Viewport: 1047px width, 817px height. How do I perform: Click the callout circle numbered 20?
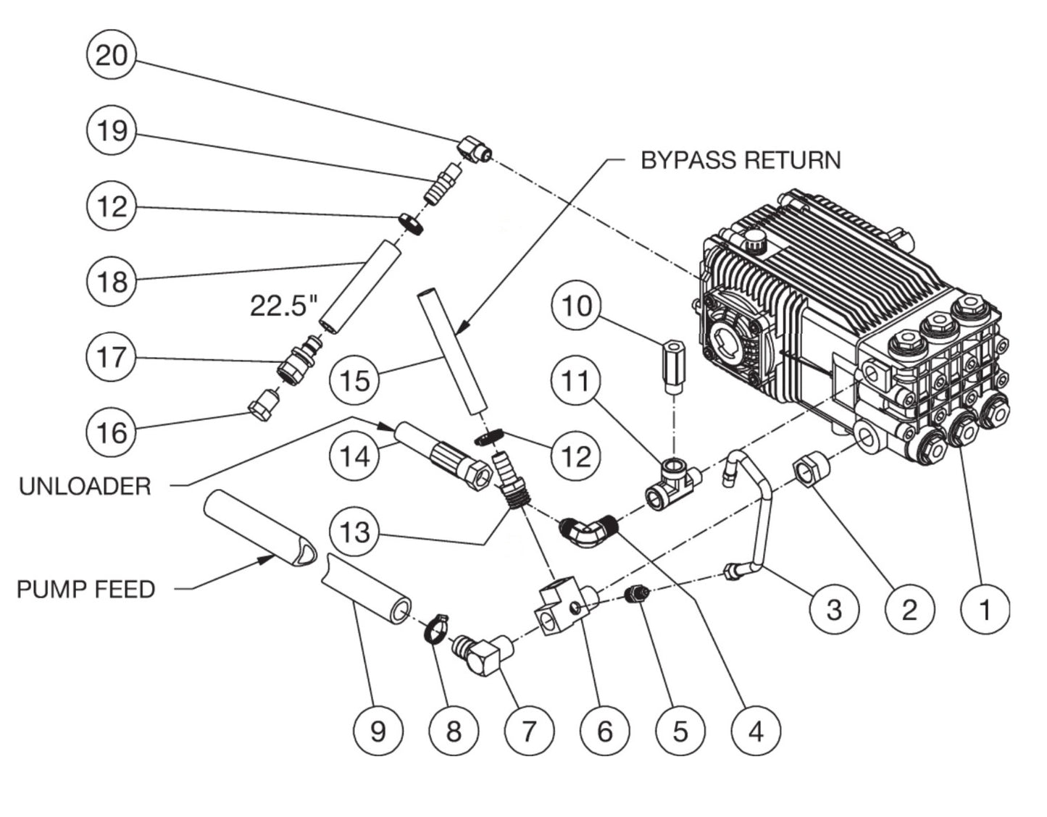pyautogui.click(x=111, y=55)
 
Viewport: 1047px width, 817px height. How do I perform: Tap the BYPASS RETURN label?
pyautogui.click(x=741, y=160)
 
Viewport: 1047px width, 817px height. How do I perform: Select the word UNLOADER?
pyautogui.click(x=85, y=486)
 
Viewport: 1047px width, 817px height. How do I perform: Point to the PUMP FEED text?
pyautogui.click(x=85, y=589)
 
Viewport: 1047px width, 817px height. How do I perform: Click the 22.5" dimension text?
pyautogui.click(x=284, y=306)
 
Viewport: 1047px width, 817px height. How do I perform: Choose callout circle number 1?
pyautogui.click(x=985, y=609)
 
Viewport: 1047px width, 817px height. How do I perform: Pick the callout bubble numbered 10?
pyautogui.click(x=577, y=306)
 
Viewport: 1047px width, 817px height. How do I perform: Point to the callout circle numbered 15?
pyautogui.click(x=354, y=380)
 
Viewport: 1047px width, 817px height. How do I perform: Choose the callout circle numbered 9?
pyautogui.click(x=378, y=731)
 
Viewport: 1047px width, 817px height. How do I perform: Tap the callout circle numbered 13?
pyautogui.click(x=354, y=532)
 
